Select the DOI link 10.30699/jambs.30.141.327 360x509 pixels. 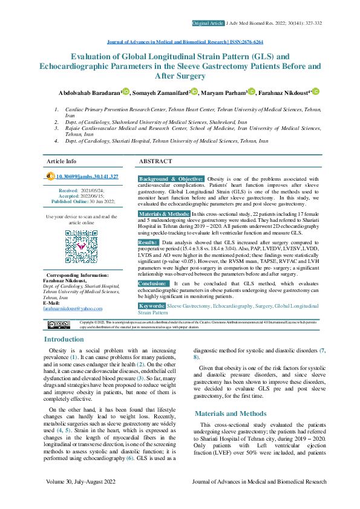pyautogui.click(x=87, y=177)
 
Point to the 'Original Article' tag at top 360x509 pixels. pyautogui.click(x=208, y=23)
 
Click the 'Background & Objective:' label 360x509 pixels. pyautogui.click(x=171, y=180)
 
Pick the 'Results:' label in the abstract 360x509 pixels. pyautogui.click(x=148, y=242)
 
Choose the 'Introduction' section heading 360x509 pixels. pyautogui.click(x=64, y=339)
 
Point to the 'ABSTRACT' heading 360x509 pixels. pyautogui.click(x=155, y=162)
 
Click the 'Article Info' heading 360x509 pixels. pyautogui.click(x=62, y=162)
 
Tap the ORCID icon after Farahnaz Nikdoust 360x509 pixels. pyautogui.click(x=316, y=92)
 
